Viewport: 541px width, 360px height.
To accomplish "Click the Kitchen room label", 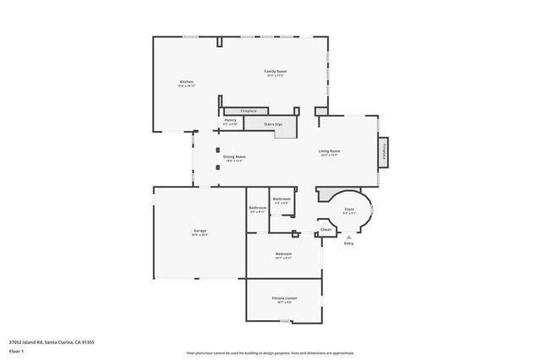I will click(x=186, y=82).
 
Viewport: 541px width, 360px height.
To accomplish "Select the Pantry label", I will click(x=230, y=120).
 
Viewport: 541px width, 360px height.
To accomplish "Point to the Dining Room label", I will click(x=234, y=156).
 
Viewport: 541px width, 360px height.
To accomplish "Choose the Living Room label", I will click(x=329, y=151).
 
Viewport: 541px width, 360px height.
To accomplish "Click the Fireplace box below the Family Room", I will click(x=249, y=111).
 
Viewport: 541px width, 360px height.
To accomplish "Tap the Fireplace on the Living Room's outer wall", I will click(x=385, y=151).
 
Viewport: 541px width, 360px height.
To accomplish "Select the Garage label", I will click(x=199, y=231).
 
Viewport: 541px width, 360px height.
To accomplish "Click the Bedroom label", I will click(x=283, y=254).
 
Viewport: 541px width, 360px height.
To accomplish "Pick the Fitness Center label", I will click(x=284, y=298).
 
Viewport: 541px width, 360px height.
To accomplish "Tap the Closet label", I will click(x=325, y=229).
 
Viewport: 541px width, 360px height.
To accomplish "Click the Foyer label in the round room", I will click(x=348, y=209).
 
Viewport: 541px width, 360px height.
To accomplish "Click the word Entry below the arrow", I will click(x=348, y=243).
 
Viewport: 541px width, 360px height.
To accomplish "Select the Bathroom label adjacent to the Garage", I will click(x=258, y=207).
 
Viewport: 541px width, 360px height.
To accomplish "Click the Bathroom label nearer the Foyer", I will click(x=281, y=199).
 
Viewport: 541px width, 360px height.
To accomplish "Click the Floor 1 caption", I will click(x=16, y=351).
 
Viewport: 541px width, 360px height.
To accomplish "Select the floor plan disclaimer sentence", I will click(x=270, y=352).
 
